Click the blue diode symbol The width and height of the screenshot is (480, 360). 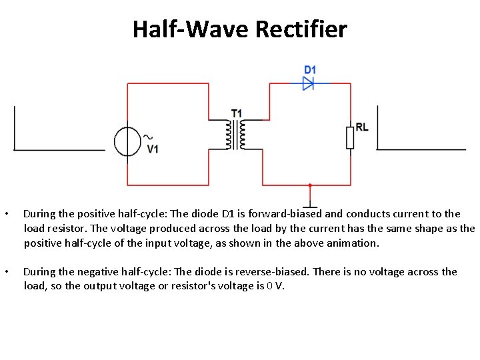(x=308, y=83)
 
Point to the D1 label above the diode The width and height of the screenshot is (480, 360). (x=310, y=69)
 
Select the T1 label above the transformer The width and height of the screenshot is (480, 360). (x=237, y=113)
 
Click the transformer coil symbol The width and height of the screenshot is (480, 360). (x=235, y=135)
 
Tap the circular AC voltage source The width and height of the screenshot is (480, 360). (x=127, y=141)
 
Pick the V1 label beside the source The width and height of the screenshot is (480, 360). (x=153, y=149)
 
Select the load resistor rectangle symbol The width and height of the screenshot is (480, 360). (x=350, y=137)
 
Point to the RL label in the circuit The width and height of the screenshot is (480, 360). (x=362, y=127)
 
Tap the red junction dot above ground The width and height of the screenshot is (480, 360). (x=310, y=185)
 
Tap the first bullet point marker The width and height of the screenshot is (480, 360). (x=6, y=215)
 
